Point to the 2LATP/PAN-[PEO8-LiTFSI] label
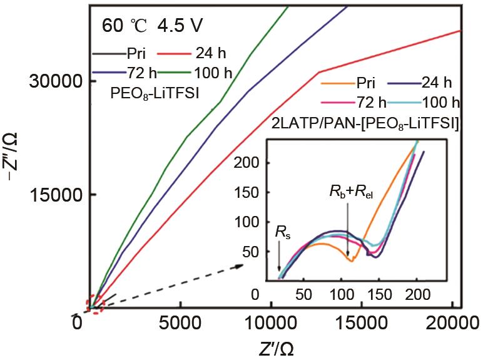click(x=366, y=123)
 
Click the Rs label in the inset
click(x=282, y=234)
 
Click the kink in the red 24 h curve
click(x=319, y=72)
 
